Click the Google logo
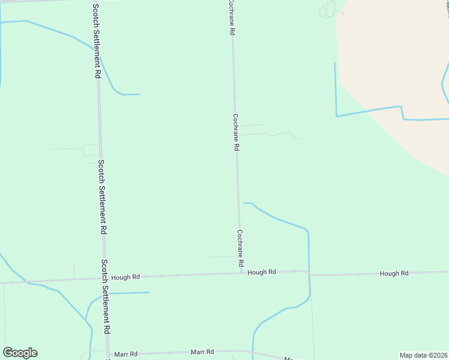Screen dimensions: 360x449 [x=20, y=353]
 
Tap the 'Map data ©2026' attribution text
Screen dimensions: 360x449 [x=423, y=355]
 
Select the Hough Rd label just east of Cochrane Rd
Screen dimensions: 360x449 [x=262, y=272]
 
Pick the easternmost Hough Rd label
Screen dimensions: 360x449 [x=394, y=274]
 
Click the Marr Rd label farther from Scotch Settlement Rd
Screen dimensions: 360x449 [x=202, y=352]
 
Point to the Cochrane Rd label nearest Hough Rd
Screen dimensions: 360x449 [x=240, y=248]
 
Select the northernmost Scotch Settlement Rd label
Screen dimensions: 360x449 [x=97, y=41]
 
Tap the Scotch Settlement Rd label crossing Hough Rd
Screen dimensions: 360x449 [x=105, y=296]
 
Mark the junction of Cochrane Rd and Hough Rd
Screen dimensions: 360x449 [x=242, y=274]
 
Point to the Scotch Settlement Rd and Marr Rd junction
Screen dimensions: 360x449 [x=108, y=355]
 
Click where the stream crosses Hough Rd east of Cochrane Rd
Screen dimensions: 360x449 [x=308, y=272]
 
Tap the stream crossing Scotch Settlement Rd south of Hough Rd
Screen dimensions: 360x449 [x=106, y=293]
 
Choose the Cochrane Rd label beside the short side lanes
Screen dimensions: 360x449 [x=236, y=132]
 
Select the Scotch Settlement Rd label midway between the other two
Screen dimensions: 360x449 [x=103, y=196]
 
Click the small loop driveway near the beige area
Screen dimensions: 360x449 [x=328, y=10]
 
